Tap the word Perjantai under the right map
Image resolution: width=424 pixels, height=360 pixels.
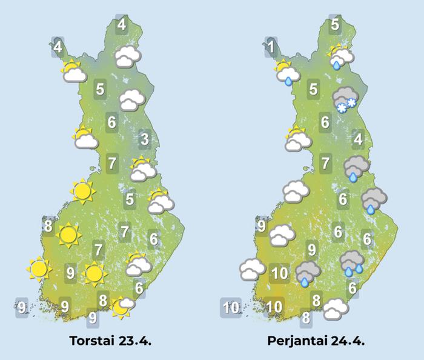coord(297,341)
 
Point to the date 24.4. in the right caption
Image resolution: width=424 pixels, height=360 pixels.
coord(346,341)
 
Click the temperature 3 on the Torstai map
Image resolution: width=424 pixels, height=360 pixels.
coord(144,141)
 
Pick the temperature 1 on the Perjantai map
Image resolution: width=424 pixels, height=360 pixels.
coord(271,46)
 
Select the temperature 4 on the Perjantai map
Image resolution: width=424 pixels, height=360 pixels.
coord(358,141)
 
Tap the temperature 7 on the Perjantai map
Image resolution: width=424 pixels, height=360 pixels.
coord(326,162)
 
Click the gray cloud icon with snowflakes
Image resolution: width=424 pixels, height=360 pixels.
coord(345,100)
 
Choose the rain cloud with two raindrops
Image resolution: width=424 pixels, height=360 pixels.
coord(352,262)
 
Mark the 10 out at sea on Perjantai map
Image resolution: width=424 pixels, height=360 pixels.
coord(231,307)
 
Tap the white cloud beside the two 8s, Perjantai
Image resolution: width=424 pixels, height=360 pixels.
coord(335,309)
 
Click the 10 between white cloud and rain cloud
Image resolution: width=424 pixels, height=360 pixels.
coord(279,273)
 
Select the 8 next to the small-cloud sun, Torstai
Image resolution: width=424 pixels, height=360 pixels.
coord(104,300)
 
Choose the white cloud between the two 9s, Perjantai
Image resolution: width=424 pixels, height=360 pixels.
coord(282,235)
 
